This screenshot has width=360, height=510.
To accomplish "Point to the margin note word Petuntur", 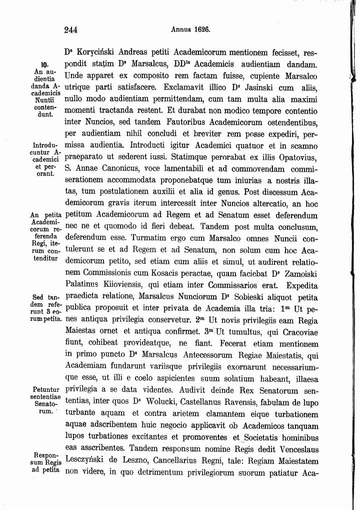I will [x=46, y=389].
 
